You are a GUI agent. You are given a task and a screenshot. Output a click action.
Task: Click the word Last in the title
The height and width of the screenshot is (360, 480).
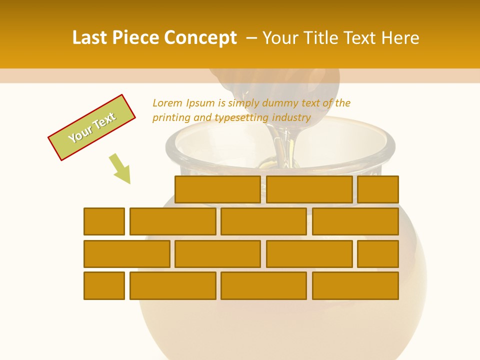click(x=90, y=38)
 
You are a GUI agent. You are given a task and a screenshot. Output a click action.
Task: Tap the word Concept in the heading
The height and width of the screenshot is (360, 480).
click(x=200, y=38)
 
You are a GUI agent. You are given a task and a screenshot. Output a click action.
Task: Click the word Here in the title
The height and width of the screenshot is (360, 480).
click(x=400, y=38)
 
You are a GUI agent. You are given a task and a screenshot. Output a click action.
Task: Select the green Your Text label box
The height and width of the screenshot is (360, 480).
click(x=92, y=127)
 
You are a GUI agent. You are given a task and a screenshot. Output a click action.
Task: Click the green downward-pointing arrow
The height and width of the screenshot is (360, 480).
click(x=120, y=168)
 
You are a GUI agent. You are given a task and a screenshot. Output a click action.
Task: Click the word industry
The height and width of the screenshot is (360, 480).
click(x=291, y=118)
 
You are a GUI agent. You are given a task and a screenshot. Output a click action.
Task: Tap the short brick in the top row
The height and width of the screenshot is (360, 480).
click(x=378, y=189)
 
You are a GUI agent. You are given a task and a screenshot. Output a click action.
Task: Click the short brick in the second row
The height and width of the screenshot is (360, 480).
click(x=104, y=221)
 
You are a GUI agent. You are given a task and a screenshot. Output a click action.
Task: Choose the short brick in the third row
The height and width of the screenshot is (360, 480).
click(x=378, y=254)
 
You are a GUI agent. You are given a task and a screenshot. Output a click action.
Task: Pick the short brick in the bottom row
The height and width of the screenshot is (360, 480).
click(x=104, y=285)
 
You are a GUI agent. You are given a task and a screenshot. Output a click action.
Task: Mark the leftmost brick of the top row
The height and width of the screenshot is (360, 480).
click(x=217, y=189)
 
